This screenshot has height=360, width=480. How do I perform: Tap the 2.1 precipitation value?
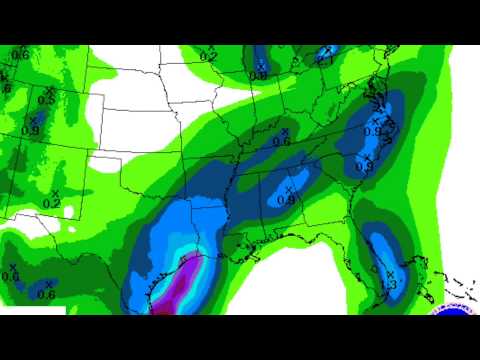(325, 60)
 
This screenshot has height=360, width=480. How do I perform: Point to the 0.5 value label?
(46, 100)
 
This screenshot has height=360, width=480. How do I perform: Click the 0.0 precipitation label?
(11, 277)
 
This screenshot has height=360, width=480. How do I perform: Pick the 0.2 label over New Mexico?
(52, 204)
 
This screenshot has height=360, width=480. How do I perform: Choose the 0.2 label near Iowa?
(208, 57)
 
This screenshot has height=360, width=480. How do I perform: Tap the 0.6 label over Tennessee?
(281, 142)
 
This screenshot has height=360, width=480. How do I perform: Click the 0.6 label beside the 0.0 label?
(46, 294)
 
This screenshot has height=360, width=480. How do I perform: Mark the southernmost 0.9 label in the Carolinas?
(363, 167)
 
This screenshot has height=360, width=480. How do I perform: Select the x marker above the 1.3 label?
(385, 273)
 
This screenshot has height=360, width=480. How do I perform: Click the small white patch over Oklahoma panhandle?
(103, 160)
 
